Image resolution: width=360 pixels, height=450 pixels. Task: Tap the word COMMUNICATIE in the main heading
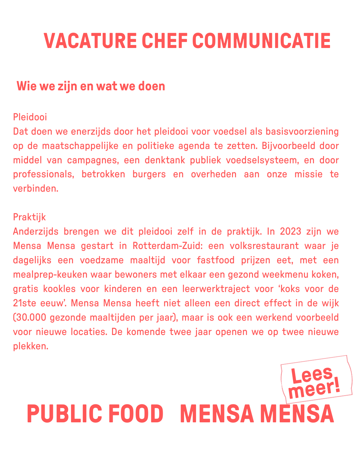(x=261, y=41)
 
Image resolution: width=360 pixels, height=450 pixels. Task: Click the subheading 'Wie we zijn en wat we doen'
(x=91, y=86)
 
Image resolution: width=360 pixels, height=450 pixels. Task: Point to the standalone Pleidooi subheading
(x=30, y=117)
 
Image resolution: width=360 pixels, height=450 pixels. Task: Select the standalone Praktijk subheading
(x=29, y=217)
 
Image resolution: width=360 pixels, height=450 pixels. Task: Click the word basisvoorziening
(x=302, y=131)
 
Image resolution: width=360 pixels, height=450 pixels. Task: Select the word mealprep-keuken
(x=50, y=274)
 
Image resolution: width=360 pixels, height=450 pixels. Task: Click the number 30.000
(x=29, y=317)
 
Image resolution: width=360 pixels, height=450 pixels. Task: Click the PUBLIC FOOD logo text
(x=95, y=414)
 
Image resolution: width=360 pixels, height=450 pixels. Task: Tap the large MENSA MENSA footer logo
(x=257, y=414)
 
